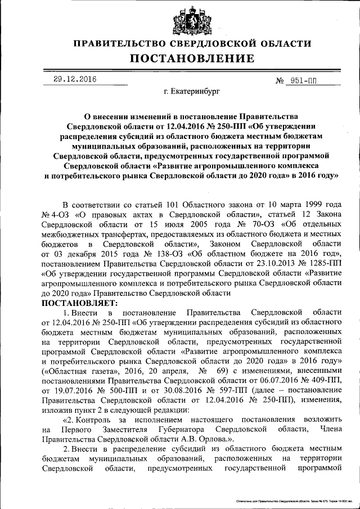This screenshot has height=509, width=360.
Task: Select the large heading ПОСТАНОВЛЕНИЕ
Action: [192, 58]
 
